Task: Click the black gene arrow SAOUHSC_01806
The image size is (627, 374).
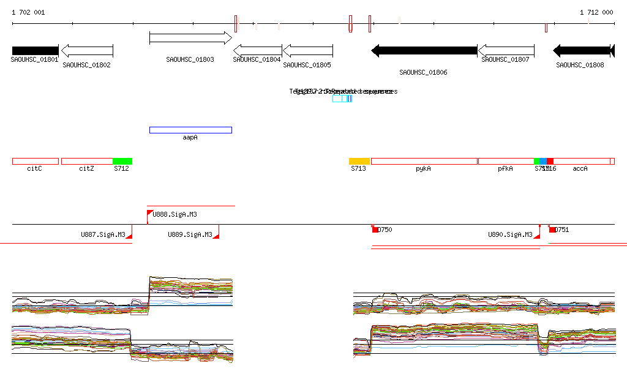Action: point(424,51)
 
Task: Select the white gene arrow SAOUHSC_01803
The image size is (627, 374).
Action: point(190,38)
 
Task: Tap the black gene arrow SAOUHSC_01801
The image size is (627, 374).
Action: point(35,51)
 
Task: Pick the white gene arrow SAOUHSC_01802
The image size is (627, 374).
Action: point(87,51)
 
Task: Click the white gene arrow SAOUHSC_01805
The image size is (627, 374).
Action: point(307,51)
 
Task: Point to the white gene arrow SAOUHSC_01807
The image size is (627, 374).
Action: point(506,51)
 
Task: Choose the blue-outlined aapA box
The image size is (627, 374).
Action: point(190,130)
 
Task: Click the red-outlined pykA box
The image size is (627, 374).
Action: point(424,161)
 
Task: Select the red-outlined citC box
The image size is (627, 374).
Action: point(35,161)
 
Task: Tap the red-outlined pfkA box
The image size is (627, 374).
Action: point(506,161)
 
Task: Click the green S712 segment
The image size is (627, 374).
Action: point(122,161)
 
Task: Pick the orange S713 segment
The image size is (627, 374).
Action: point(359,161)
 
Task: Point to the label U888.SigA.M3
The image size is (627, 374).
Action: point(175,214)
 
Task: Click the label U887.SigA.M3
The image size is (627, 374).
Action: point(103,234)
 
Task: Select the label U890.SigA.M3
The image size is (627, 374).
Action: point(510,234)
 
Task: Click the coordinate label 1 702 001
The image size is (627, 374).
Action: point(28,12)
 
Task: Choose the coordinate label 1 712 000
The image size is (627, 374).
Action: point(596,12)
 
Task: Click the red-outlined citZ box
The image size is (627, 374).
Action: point(87,161)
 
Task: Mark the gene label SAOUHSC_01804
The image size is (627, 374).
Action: point(257,59)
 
